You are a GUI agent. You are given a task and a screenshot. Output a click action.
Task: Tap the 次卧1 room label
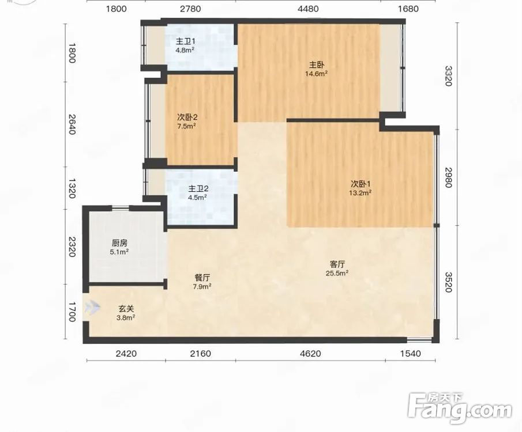360,184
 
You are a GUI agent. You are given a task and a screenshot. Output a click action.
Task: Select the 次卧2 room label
187,117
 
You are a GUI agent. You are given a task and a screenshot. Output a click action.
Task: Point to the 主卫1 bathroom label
185,41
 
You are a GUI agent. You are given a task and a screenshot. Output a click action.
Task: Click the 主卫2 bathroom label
198,188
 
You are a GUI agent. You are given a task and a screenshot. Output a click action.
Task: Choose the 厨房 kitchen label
119,242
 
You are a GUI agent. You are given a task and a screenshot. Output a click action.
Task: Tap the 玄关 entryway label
126,309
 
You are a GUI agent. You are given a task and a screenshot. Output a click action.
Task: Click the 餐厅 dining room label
202,278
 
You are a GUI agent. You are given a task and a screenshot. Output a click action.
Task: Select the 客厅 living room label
337,264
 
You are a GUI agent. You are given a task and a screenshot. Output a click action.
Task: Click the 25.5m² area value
337,274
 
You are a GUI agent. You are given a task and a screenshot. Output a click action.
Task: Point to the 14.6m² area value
317,74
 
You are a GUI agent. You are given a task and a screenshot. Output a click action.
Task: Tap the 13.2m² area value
360,192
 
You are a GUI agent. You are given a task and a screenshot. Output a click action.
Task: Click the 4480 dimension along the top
308,9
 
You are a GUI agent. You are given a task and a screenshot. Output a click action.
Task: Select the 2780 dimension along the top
190,9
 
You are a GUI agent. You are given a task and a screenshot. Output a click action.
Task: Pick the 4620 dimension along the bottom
310,353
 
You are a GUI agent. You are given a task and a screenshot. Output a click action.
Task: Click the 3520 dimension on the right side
449,282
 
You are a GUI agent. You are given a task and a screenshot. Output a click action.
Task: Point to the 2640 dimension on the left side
72,124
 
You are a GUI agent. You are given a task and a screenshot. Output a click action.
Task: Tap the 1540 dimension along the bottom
411,353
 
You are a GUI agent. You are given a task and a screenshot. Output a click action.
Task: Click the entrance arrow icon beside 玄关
92,308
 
